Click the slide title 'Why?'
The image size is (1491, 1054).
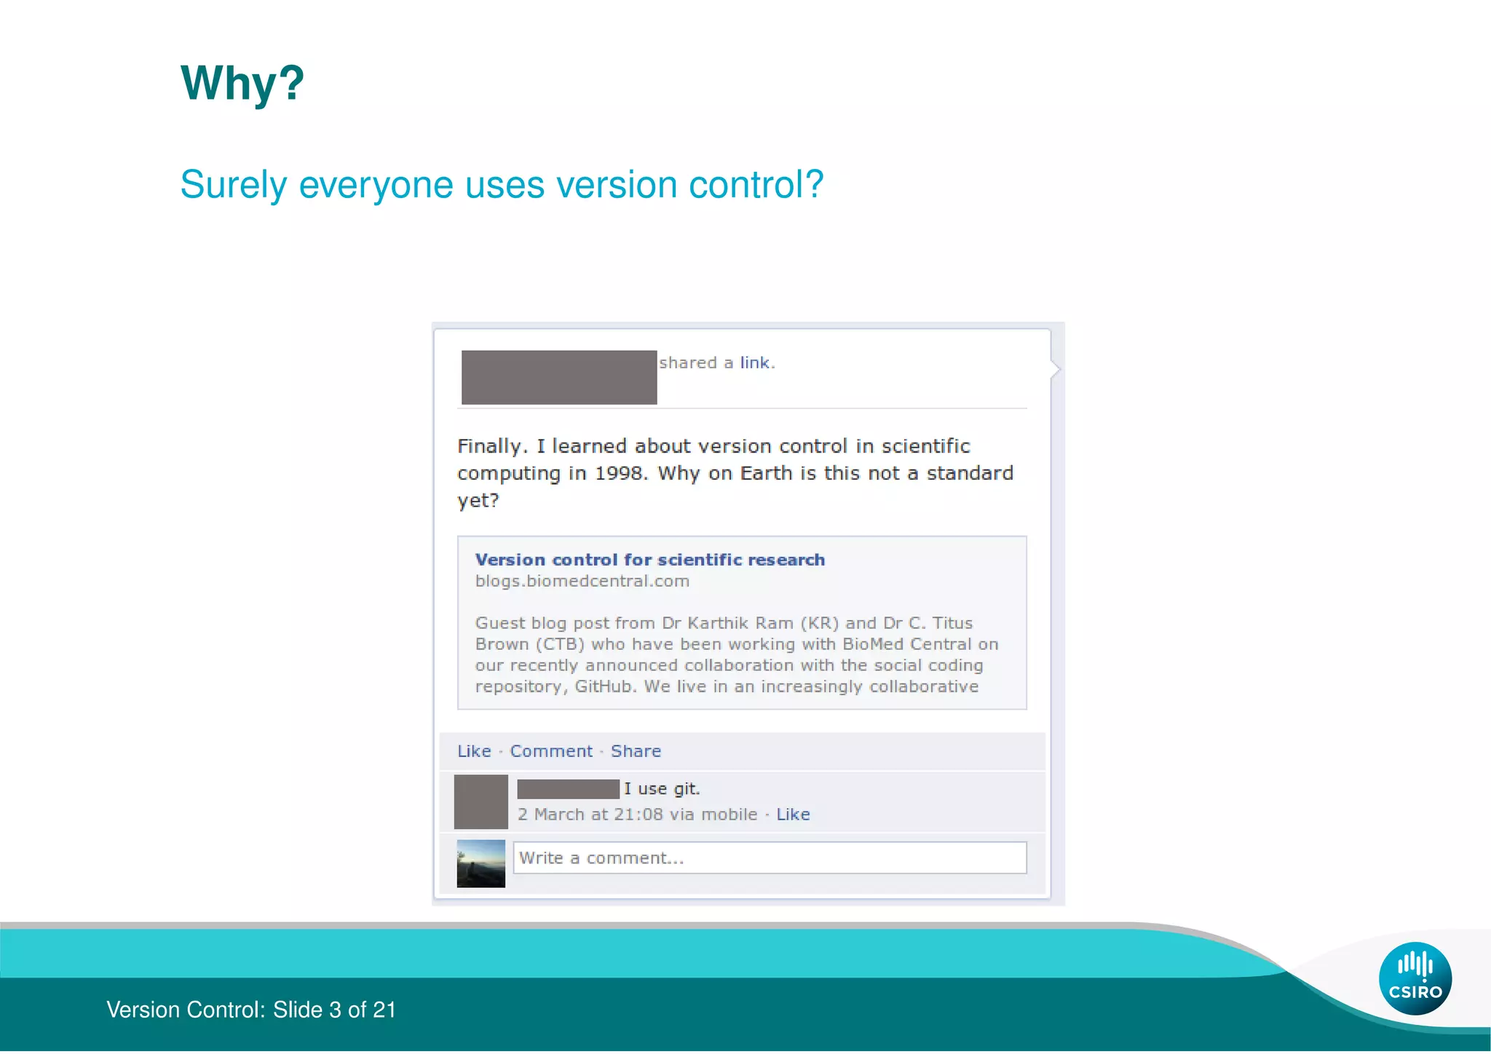[242, 83]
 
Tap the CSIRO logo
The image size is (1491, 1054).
[1415, 978]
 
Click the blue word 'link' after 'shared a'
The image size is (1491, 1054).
[754, 362]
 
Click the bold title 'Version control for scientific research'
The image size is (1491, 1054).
[649, 560]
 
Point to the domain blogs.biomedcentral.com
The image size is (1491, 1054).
[582, 582]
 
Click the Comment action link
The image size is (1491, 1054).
[551, 751]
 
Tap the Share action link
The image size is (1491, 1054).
[636, 751]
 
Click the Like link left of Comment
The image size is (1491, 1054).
[474, 751]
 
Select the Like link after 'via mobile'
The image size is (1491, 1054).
[793, 815]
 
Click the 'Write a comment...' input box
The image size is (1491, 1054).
[770, 858]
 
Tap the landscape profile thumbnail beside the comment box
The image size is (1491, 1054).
[480, 864]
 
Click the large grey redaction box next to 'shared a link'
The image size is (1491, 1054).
[559, 377]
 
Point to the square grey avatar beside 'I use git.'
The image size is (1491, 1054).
[480, 801]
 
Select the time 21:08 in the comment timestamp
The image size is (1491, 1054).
[638, 815]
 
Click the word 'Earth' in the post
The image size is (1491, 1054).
[766, 474]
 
